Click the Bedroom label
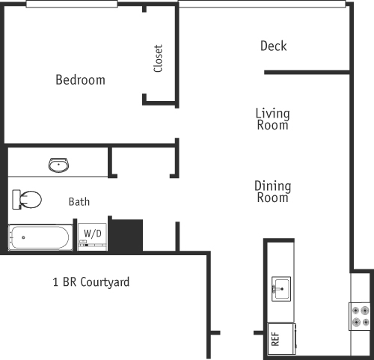pyautogui.click(x=80, y=79)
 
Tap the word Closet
pyautogui.click(x=158, y=59)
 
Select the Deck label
pyautogui.click(x=273, y=46)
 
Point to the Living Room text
pyautogui.click(x=272, y=120)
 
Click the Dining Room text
pyautogui.click(x=272, y=192)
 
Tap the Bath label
pyautogui.click(x=79, y=201)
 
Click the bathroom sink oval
pyautogui.click(x=59, y=165)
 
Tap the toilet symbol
pyautogui.click(x=28, y=200)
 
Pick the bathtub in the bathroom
pyautogui.click(x=39, y=238)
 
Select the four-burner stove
pyautogui.click(x=360, y=315)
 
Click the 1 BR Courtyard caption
pyautogui.click(x=91, y=282)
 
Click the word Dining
pyautogui.click(x=272, y=186)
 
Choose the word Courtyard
pyautogui.click(x=105, y=282)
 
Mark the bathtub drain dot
pyautogui.click(x=23, y=237)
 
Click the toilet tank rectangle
pyautogui.click(x=15, y=200)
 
